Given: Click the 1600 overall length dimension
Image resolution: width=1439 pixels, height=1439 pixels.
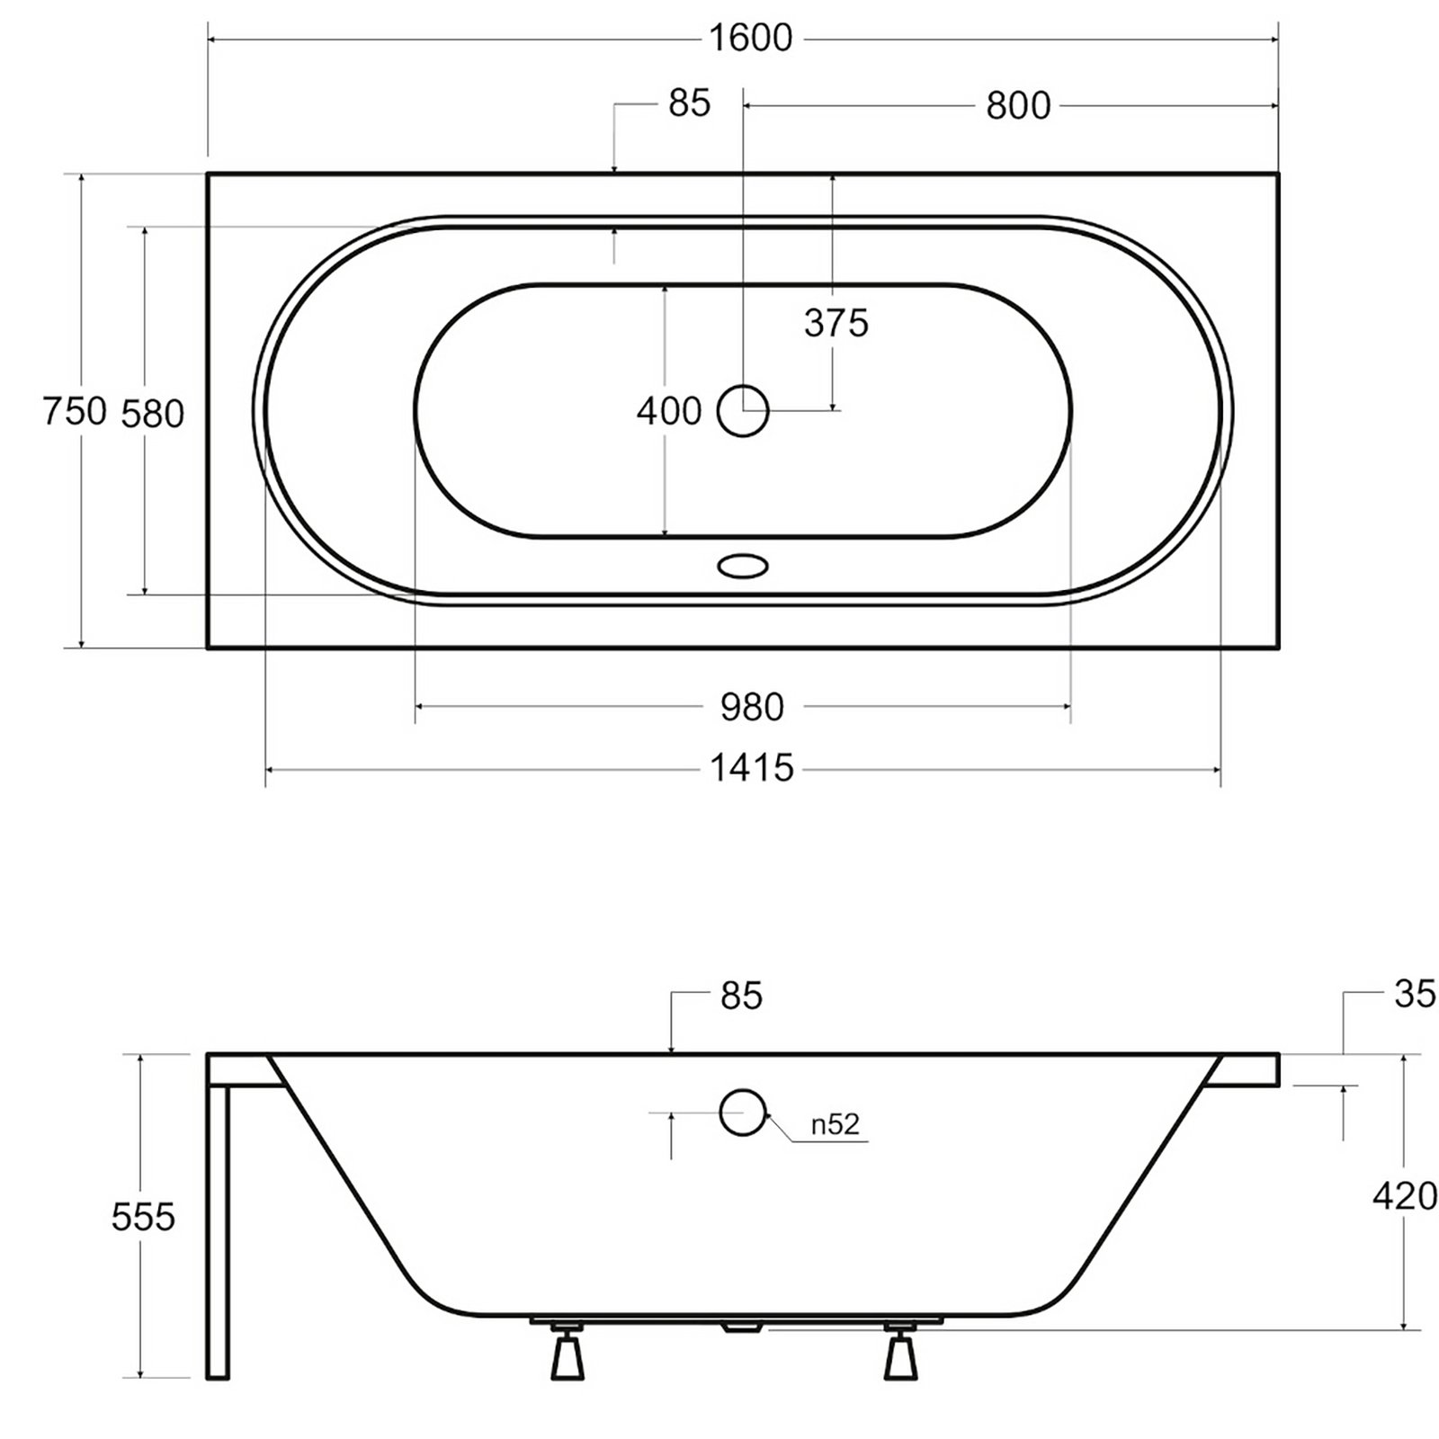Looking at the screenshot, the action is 751,38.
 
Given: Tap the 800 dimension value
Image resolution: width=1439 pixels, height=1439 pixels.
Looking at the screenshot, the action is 1018,105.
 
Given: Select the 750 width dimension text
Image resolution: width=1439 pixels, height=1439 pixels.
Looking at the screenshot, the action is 76,411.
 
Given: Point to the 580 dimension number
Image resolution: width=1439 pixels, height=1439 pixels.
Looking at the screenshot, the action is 152,414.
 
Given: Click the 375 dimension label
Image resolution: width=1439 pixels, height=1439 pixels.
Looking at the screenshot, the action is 836,323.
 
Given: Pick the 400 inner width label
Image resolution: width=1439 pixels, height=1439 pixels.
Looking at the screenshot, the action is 669,411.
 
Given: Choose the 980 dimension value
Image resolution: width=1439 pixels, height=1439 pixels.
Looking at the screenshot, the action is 752,708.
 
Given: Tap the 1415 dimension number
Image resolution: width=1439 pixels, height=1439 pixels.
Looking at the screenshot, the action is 752,768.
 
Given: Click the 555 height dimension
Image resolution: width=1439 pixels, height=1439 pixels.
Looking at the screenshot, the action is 143,1218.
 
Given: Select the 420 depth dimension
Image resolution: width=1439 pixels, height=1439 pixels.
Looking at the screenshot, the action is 1405,1196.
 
